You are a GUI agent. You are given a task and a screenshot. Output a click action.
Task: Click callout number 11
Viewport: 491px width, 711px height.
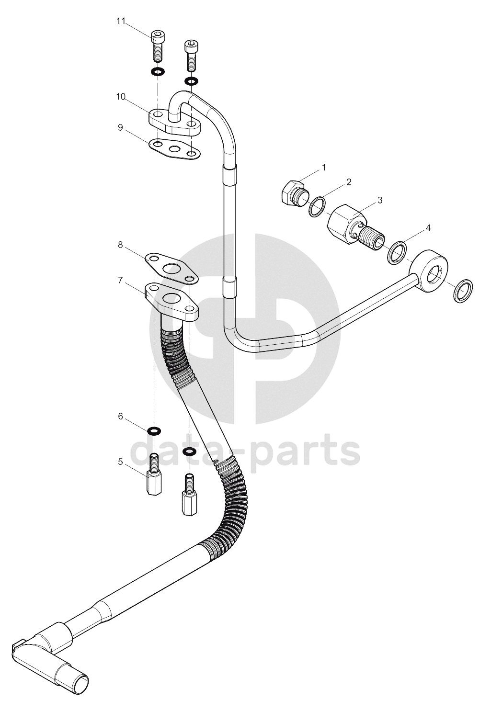(121, 21)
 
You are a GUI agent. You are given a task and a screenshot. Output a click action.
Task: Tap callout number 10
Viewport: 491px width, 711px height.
(121, 97)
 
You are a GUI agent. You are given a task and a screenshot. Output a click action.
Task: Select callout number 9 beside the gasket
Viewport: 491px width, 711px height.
(120, 128)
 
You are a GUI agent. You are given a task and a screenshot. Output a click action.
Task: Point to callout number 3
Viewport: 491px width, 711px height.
(380, 200)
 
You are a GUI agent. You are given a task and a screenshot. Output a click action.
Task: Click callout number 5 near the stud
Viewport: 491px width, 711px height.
(120, 462)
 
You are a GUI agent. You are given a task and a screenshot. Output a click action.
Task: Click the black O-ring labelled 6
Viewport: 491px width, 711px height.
(154, 431)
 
